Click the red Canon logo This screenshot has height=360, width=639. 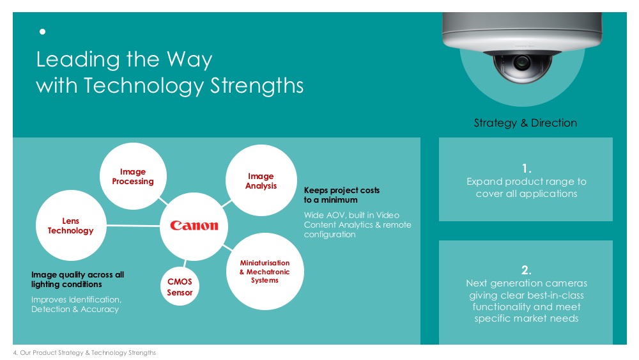(x=194, y=226)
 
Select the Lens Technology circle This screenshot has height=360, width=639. (x=72, y=226)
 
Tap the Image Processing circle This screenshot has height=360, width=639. (x=133, y=176)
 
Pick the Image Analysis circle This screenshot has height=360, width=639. (x=261, y=180)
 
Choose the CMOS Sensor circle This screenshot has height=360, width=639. (x=180, y=286)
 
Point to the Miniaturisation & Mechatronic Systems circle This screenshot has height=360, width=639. (x=265, y=272)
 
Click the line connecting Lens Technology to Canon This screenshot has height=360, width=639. (x=134, y=226)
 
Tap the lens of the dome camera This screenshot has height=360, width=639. (x=521, y=63)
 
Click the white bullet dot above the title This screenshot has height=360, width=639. (x=42, y=31)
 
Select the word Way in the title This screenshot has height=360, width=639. (x=190, y=59)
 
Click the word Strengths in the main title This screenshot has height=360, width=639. (x=257, y=86)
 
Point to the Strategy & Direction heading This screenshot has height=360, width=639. (x=525, y=123)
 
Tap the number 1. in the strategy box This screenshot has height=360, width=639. (x=527, y=168)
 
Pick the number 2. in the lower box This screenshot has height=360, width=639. (x=527, y=270)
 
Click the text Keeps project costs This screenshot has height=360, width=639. (x=342, y=191)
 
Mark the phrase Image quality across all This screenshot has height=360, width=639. (x=78, y=275)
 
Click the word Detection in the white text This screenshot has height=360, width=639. (x=50, y=309)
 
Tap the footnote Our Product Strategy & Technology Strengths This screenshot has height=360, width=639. (x=88, y=353)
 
